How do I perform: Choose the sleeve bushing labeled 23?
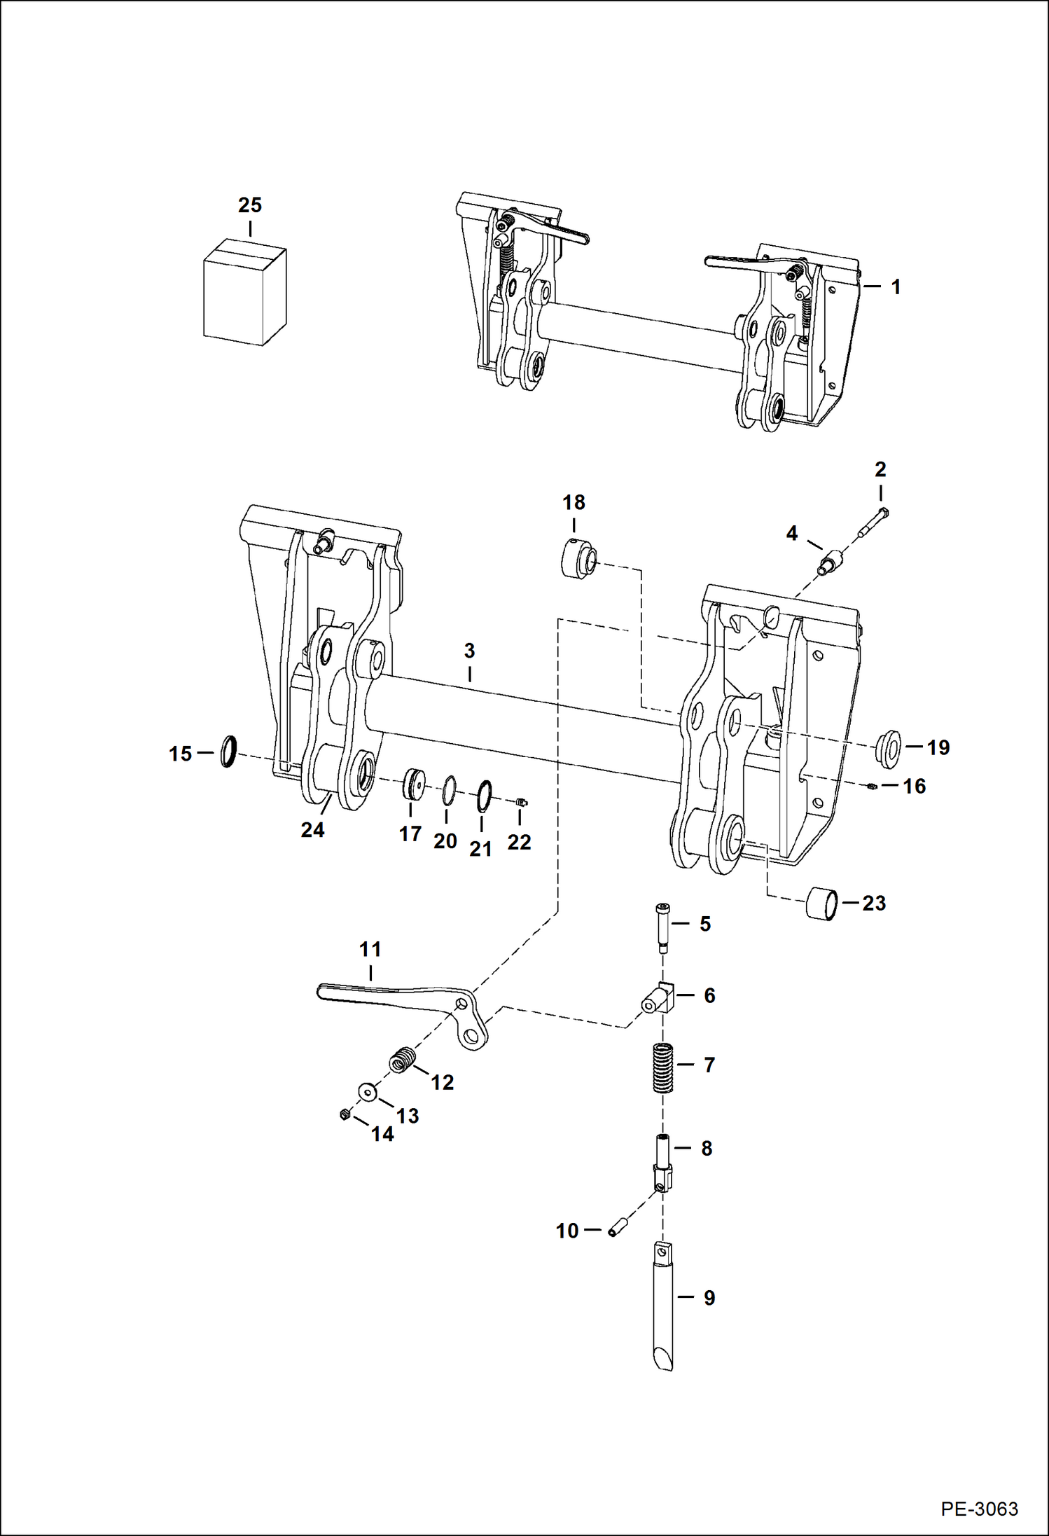pos(822,904)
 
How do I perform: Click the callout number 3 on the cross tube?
pos(469,651)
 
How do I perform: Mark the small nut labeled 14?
pos(345,1114)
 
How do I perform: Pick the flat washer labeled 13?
pos(366,1092)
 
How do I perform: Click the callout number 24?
pos(312,830)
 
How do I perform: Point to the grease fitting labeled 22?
pos(521,802)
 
